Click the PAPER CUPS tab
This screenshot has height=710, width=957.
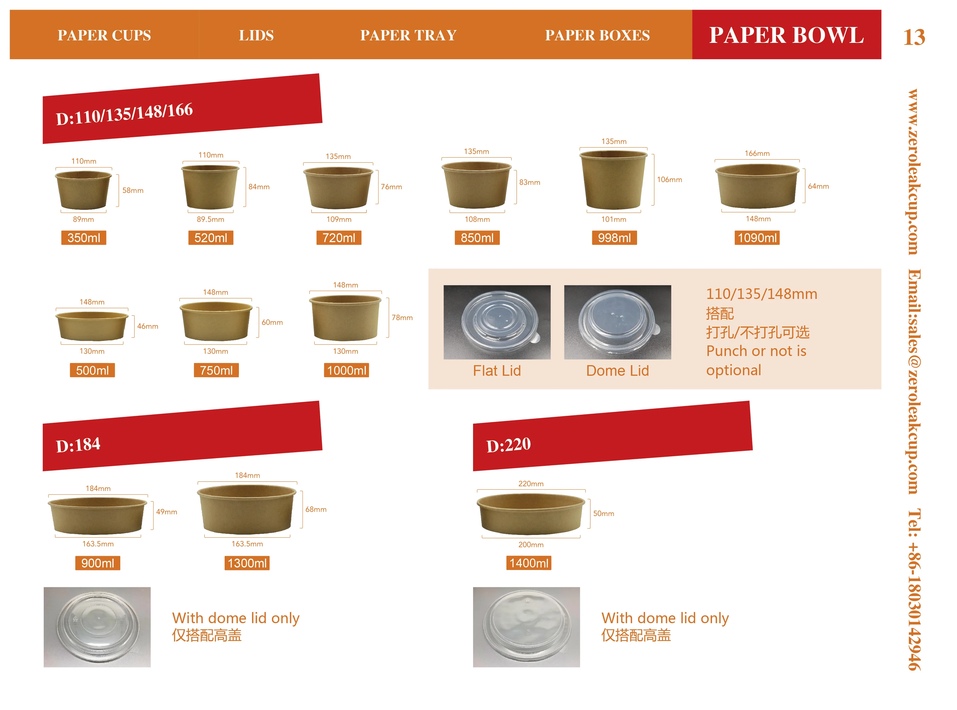coord(104,35)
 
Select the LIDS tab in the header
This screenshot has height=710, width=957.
coord(256,35)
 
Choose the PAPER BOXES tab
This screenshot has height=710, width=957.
coord(597,35)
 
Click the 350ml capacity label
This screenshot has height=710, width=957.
coord(84,238)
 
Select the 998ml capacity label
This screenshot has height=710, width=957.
coord(614,238)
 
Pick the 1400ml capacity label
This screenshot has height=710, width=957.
coord(528,563)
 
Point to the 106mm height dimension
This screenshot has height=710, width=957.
coord(669,180)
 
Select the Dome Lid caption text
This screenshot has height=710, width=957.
coord(617,370)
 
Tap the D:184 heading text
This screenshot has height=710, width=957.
coord(78,445)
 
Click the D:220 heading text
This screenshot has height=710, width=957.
coord(509,445)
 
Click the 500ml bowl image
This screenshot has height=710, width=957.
coord(92,326)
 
